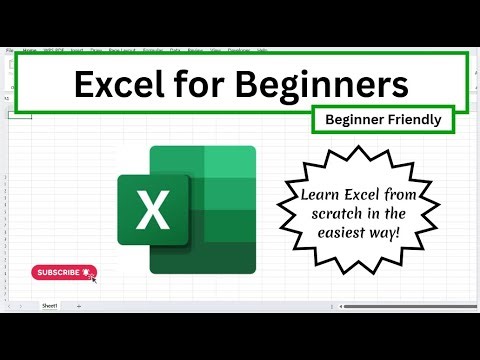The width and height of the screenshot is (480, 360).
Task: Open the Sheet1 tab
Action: pos(49,305)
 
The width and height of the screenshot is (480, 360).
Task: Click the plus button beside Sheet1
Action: pos(79,305)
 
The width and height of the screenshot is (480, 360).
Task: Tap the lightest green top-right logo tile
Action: pos(229,161)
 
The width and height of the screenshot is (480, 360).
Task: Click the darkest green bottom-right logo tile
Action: pos(229,255)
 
